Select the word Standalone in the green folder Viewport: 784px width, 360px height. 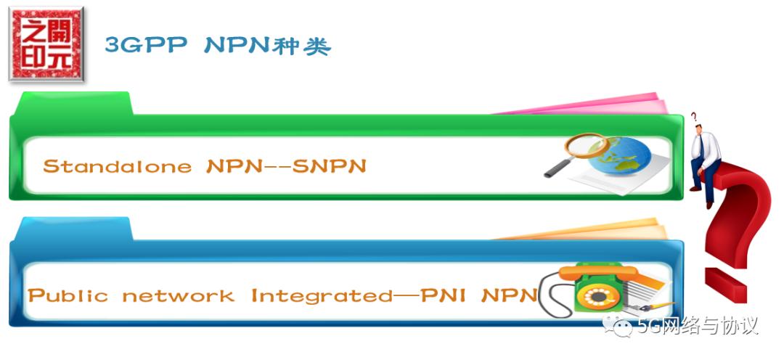(117, 166)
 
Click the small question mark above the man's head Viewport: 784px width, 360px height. (693, 116)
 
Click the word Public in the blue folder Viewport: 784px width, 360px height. (68, 296)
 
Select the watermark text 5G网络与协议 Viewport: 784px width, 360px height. (697, 327)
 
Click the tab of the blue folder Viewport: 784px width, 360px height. (73, 229)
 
